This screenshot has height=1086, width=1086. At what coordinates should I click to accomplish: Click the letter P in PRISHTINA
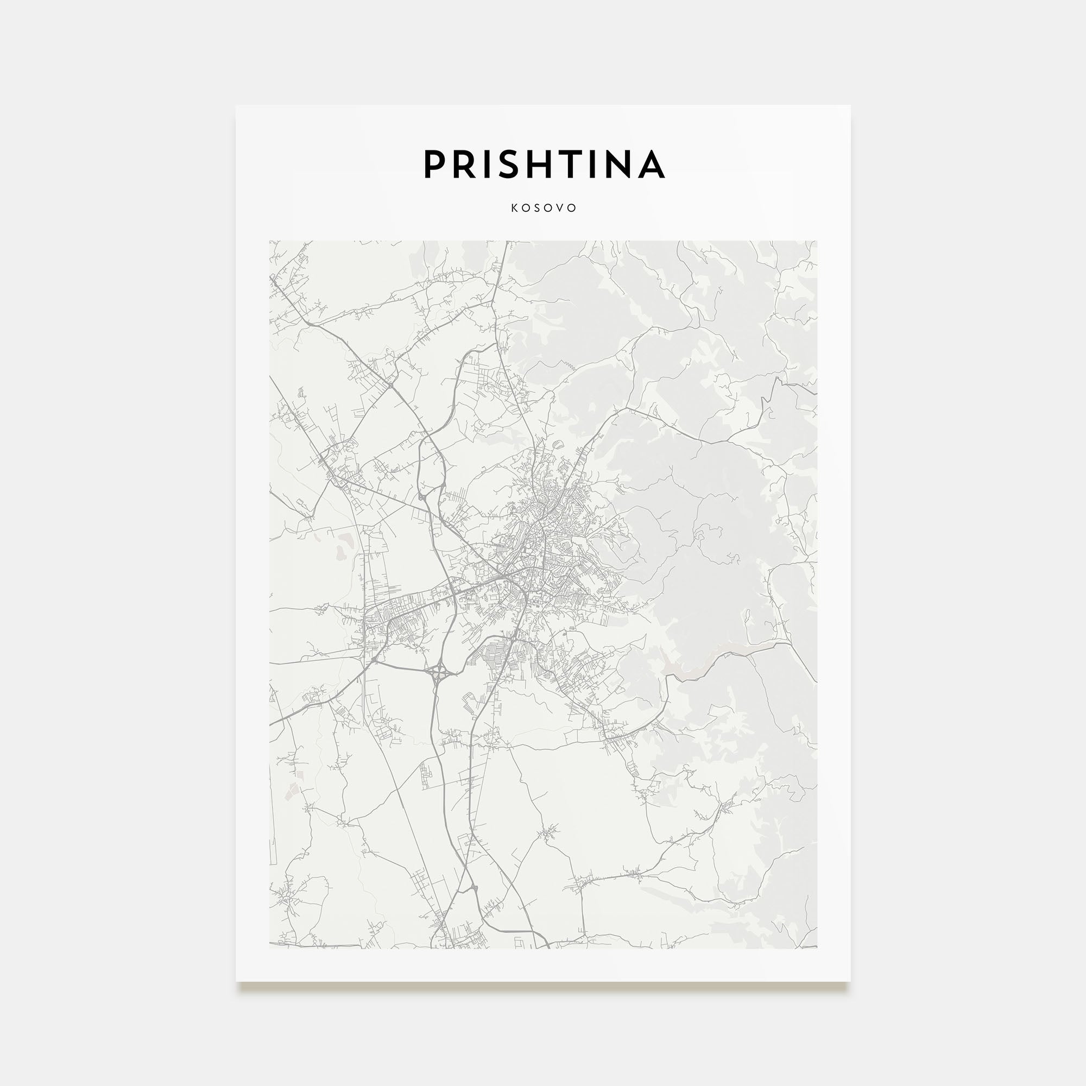click(x=434, y=164)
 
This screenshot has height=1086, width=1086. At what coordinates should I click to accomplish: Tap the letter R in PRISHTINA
click(x=466, y=164)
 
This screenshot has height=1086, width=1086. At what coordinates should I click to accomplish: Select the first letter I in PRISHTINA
click(x=490, y=164)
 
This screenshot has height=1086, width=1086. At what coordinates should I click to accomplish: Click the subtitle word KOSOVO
click(x=544, y=208)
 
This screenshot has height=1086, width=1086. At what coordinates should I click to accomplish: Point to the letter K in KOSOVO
click(x=514, y=208)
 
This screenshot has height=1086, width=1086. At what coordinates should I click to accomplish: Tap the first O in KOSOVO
click(x=526, y=208)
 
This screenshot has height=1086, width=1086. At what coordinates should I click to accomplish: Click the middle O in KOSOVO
click(x=549, y=208)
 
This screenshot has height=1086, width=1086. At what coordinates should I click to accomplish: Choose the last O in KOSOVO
click(x=573, y=208)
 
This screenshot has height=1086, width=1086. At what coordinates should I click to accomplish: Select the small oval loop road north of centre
click(x=557, y=444)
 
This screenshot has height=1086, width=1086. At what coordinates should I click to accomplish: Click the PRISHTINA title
click(x=544, y=164)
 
